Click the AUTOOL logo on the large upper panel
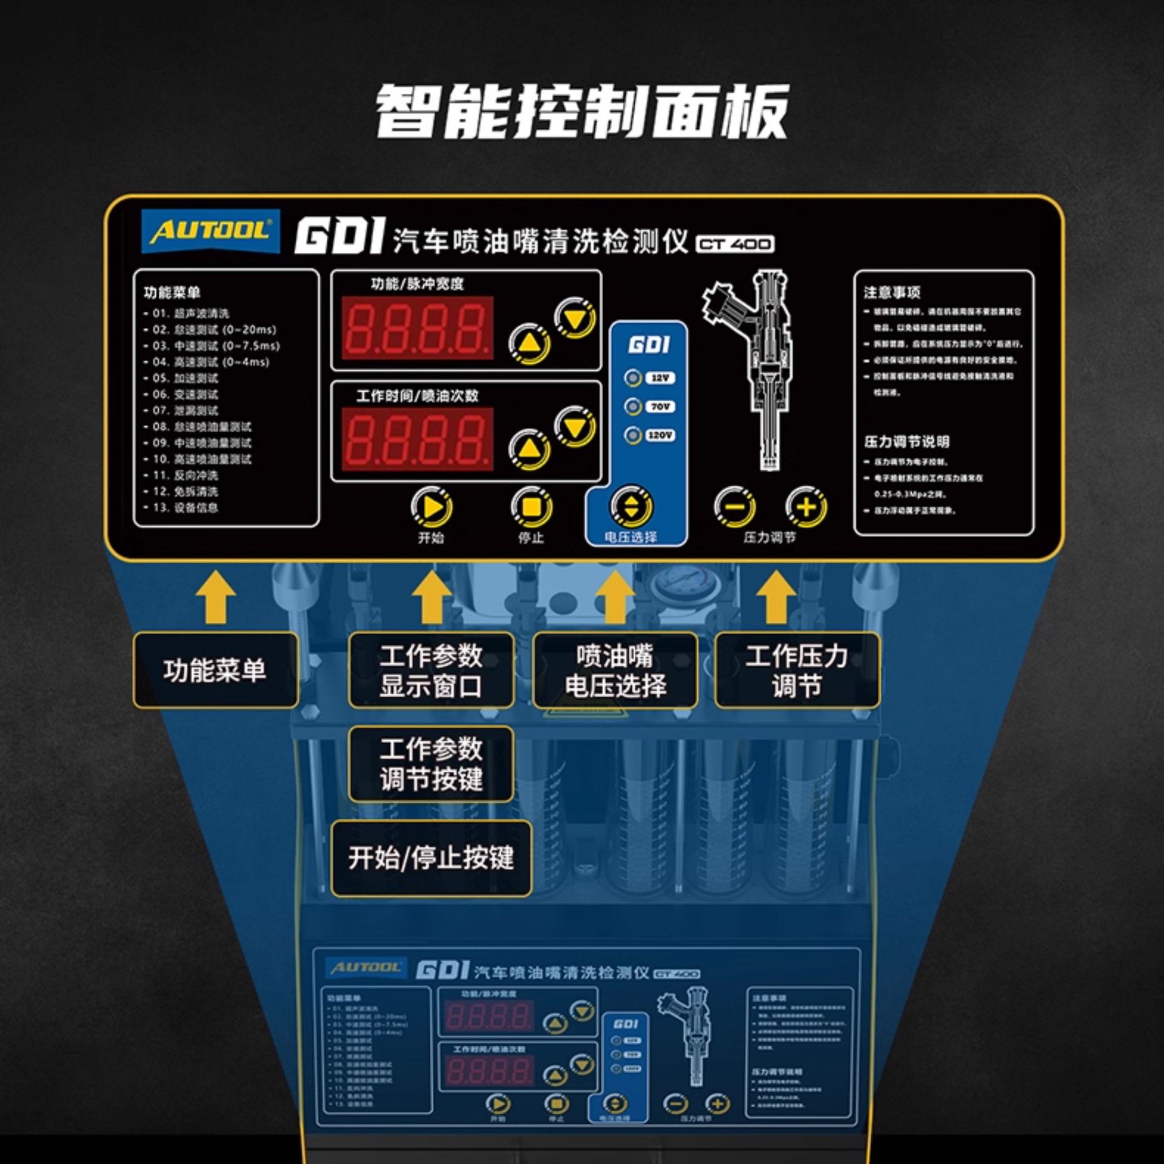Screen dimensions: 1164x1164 click(x=210, y=231)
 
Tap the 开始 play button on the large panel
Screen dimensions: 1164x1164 click(x=432, y=507)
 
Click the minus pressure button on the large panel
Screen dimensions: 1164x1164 click(x=734, y=507)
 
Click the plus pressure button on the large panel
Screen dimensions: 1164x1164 click(x=806, y=507)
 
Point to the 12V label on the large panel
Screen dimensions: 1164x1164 click(x=660, y=378)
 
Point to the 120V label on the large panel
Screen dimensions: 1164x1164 click(x=660, y=435)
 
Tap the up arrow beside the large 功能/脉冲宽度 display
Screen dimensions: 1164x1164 click(x=529, y=344)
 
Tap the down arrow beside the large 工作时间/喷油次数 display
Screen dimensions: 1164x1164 click(x=575, y=427)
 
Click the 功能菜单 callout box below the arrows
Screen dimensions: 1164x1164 click(x=215, y=671)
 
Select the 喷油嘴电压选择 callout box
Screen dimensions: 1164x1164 click(x=615, y=671)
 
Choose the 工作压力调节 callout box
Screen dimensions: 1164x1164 click(x=797, y=671)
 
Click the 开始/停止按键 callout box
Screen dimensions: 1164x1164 click(x=431, y=858)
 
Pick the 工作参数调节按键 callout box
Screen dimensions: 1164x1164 click(x=431, y=764)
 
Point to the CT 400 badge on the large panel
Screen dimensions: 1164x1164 click(x=735, y=244)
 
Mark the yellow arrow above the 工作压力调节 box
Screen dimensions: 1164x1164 click(x=777, y=597)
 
